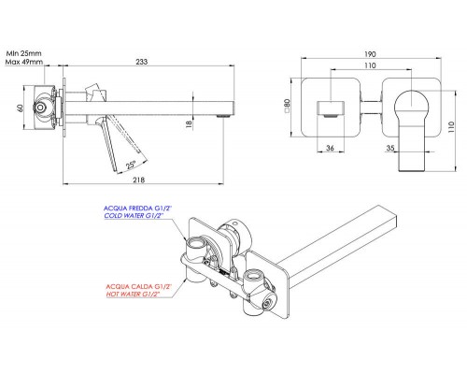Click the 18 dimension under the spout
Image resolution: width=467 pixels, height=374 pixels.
(189, 123)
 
